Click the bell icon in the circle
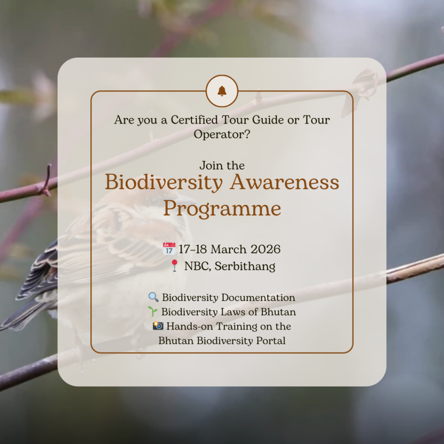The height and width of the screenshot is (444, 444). [x=222, y=91]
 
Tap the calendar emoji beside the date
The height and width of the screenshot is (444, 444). [x=169, y=248]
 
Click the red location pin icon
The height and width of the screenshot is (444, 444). [x=174, y=266]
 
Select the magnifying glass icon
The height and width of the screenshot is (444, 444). [x=153, y=297]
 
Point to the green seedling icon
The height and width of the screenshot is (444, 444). [x=153, y=311]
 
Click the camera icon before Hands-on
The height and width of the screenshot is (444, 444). [x=158, y=326]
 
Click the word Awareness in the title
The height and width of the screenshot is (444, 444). [x=284, y=182]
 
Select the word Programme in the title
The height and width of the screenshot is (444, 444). [x=222, y=209]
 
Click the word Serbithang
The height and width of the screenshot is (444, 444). [x=245, y=267]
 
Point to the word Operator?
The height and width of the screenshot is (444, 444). [x=222, y=134]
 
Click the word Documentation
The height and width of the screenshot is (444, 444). [x=258, y=297]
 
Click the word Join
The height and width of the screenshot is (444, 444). [x=208, y=165]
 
